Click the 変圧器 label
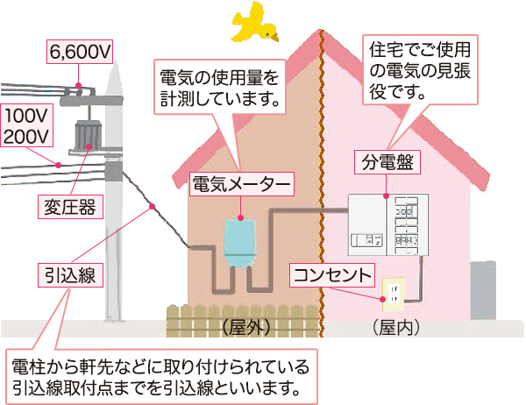click(70, 207)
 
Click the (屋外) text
click(243, 327)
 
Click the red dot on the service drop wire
click(153, 207)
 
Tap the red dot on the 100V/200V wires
click(57, 163)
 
